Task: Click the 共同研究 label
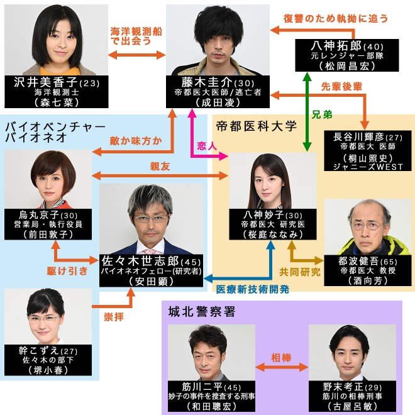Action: [x=300, y=272]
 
